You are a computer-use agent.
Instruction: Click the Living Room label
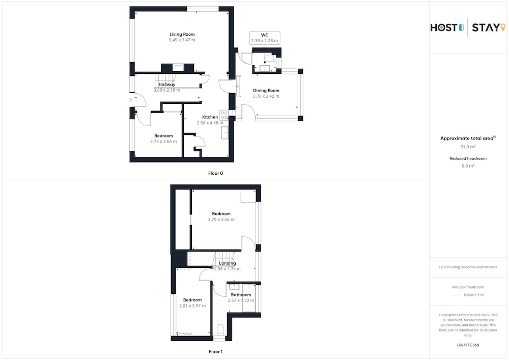[x=182, y=34]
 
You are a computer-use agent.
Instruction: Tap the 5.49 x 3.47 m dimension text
[x=182, y=40]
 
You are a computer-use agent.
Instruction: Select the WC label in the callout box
[x=265, y=35]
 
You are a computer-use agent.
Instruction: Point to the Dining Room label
[x=266, y=91]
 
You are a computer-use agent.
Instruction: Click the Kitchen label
[x=210, y=117]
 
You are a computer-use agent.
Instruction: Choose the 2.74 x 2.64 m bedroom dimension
[x=163, y=142]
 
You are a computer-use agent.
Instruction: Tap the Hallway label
[x=167, y=85]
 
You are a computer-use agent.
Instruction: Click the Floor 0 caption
[x=215, y=173]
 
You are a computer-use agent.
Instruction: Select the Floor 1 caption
[x=215, y=351]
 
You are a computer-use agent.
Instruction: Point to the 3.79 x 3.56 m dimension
[x=221, y=219]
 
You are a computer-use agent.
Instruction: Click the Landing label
[x=227, y=263]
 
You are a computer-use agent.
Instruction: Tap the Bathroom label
[x=241, y=295]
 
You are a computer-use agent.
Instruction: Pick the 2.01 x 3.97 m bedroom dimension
[x=192, y=306]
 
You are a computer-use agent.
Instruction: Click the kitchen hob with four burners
[x=223, y=115]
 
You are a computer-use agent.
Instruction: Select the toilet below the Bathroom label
[x=220, y=330]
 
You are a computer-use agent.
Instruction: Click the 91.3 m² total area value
[x=468, y=147]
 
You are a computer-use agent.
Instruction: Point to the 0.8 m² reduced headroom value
[x=468, y=166]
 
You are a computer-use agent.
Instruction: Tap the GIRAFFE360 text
[x=468, y=345]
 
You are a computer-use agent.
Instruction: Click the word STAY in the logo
[x=486, y=27]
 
